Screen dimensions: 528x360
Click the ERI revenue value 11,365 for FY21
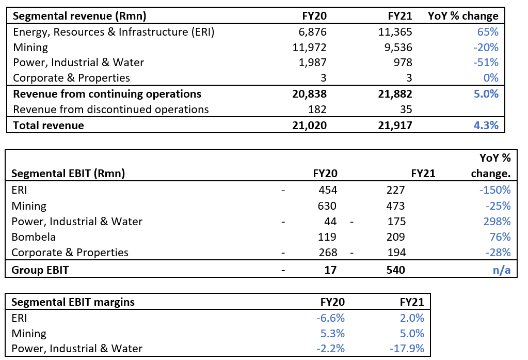click(395, 32)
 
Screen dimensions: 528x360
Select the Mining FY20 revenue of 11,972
click(310, 47)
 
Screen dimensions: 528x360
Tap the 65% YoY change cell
click(488, 32)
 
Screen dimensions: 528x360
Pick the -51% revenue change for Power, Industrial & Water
click(486, 62)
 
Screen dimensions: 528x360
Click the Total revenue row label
click(49, 126)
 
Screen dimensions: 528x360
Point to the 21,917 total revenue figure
click(395, 126)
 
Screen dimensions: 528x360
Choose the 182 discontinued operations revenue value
click(317, 109)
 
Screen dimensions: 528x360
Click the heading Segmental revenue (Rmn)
click(79, 16)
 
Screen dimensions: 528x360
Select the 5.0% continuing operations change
click(486, 93)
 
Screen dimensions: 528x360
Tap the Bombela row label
click(34, 237)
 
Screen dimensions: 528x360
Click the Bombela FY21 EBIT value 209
click(396, 237)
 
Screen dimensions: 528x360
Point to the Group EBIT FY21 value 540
click(396, 270)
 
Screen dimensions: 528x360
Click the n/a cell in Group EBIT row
click(501, 270)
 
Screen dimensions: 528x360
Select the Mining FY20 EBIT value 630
click(327, 206)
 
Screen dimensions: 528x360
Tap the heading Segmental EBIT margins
click(73, 302)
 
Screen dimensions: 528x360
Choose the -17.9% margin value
click(407, 349)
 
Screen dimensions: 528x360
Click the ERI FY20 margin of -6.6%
click(330, 318)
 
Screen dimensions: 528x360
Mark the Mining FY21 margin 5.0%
click(412, 333)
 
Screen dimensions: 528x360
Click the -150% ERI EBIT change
click(495, 190)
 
